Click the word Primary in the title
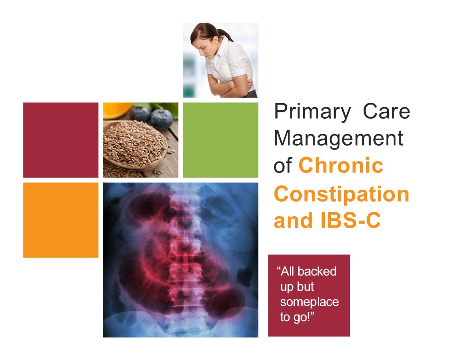[312, 112]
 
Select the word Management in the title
[338, 139]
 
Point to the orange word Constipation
[342, 194]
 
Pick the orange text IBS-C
[350, 220]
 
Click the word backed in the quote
[317, 271]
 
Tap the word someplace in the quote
[309, 302]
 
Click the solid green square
[221, 140]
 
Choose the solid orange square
[60, 220]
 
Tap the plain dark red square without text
[60, 140]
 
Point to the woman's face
[201, 49]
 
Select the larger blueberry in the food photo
[162, 119]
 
